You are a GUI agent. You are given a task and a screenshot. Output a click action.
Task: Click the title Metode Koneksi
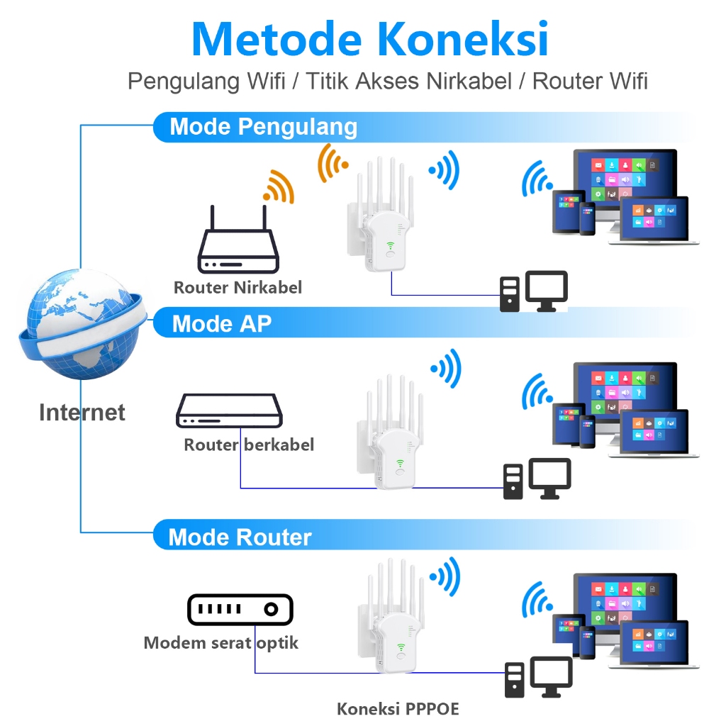pyautogui.click(x=370, y=39)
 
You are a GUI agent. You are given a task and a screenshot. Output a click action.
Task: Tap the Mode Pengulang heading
pyautogui.click(x=264, y=126)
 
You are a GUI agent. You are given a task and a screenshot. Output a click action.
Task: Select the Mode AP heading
pyautogui.click(x=222, y=323)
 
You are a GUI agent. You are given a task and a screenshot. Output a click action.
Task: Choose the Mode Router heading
pyautogui.click(x=240, y=537)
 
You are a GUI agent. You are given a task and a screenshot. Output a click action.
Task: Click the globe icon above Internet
pyautogui.click(x=82, y=325)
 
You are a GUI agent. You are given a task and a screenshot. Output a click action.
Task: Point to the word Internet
pyautogui.click(x=82, y=412)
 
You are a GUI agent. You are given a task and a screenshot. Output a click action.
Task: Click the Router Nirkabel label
pyautogui.click(x=238, y=288)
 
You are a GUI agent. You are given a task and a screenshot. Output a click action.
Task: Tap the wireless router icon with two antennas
pyautogui.click(x=238, y=239)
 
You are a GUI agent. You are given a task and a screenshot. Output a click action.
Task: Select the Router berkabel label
pyautogui.click(x=249, y=445)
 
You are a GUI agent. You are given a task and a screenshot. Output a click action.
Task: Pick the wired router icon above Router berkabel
pyautogui.click(x=229, y=411)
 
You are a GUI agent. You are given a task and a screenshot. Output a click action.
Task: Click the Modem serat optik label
pyautogui.click(x=221, y=643)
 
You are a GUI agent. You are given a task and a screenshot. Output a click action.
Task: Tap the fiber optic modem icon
pyautogui.click(x=240, y=609)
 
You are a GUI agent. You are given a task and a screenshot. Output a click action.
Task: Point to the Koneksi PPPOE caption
pyautogui.click(x=398, y=708)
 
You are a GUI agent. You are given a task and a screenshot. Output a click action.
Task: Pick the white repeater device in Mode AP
pyautogui.click(x=391, y=432)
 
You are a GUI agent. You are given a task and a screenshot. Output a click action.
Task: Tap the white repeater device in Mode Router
pyautogui.click(x=391, y=616)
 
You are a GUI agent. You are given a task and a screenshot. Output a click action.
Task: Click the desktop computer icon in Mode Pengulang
pyautogui.click(x=534, y=291)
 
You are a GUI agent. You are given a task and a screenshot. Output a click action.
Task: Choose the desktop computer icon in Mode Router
pyautogui.click(x=539, y=677)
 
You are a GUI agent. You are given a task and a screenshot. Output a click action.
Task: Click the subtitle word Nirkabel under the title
pyautogui.click(x=469, y=81)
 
